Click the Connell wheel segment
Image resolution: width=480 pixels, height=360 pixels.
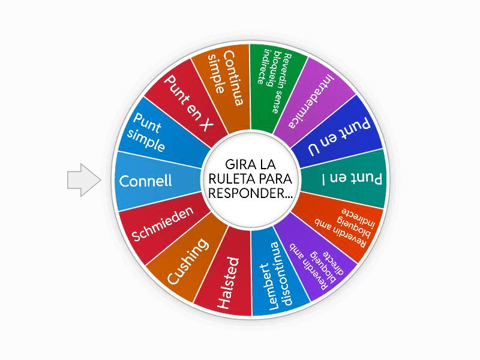pyautogui.click(x=147, y=180)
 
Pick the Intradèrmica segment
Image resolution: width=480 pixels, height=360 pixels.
pyautogui.click(x=312, y=99)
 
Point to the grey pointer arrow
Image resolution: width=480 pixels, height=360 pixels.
pyautogui.click(x=82, y=180)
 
